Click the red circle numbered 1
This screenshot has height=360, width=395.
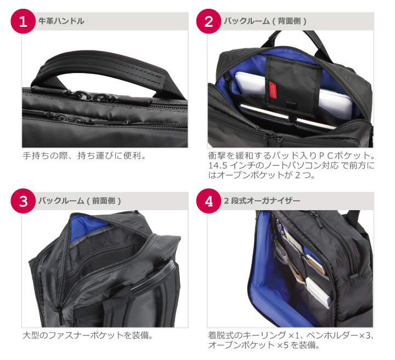(23, 21)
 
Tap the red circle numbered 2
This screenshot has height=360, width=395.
(208, 21)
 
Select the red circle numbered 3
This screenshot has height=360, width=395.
(23, 201)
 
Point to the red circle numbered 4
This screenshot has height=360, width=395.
(208, 201)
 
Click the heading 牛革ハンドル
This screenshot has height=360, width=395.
(61, 21)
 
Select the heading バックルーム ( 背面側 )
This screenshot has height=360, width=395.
(265, 21)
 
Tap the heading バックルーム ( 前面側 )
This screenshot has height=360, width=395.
(80, 201)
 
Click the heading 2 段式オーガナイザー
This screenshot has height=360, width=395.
(262, 201)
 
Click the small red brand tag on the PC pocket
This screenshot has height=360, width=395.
(273, 90)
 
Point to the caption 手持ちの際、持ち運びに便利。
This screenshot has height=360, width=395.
(84, 156)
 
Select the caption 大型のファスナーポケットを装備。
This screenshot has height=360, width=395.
(88, 335)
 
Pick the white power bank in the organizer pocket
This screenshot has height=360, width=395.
(318, 292)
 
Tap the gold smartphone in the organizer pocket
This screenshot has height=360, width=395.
(315, 264)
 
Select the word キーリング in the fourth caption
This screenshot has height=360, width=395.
(264, 335)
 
